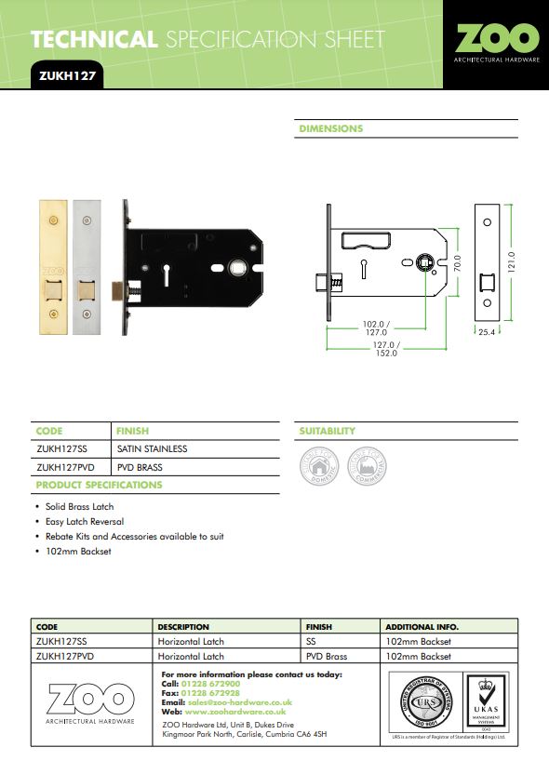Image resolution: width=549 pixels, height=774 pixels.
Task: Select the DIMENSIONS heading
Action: pyautogui.click(x=330, y=128)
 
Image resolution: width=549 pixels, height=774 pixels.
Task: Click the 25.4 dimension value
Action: pyautogui.click(x=488, y=331)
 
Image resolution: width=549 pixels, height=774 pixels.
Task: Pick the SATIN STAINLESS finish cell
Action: pyautogui.click(x=153, y=448)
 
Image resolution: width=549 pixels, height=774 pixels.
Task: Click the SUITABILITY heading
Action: pyautogui.click(x=327, y=432)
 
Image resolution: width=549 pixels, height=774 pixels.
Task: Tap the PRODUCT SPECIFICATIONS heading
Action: pyautogui.click(x=99, y=485)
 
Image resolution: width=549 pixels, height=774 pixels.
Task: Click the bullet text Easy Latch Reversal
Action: pyautogui.click(x=85, y=522)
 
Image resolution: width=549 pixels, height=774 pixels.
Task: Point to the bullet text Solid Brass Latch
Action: pyautogui.click(x=79, y=507)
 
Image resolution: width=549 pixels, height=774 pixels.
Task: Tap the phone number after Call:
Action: pyautogui.click(x=213, y=684)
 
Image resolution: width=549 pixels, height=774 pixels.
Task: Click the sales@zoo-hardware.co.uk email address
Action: pyautogui.click(x=240, y=701)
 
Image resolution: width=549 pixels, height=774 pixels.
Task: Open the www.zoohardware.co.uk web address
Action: pyautogui.click(x=229, y=711)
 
